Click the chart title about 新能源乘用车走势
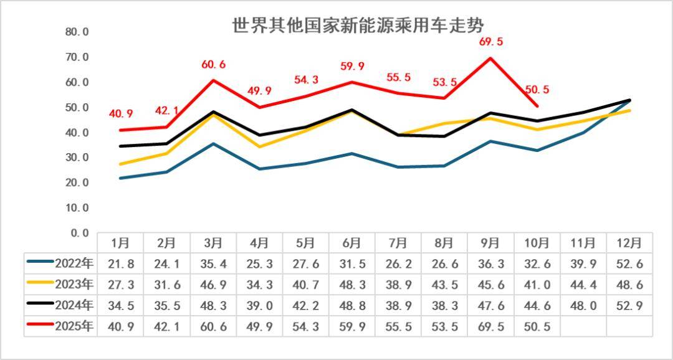(358, 26)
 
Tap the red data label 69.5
(491, 42)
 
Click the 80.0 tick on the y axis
(77, 32)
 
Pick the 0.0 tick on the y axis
(80, 233)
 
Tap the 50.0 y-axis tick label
(77, 107)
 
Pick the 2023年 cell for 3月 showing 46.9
(213, 285)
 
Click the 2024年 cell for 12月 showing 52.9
(630, 305)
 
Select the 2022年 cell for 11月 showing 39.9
(584, 263)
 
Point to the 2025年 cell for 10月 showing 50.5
(537, 326)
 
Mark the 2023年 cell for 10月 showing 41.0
(537, 285)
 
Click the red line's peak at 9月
(491, 58)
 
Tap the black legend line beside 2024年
(41, 305)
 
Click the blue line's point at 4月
(259, 169)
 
